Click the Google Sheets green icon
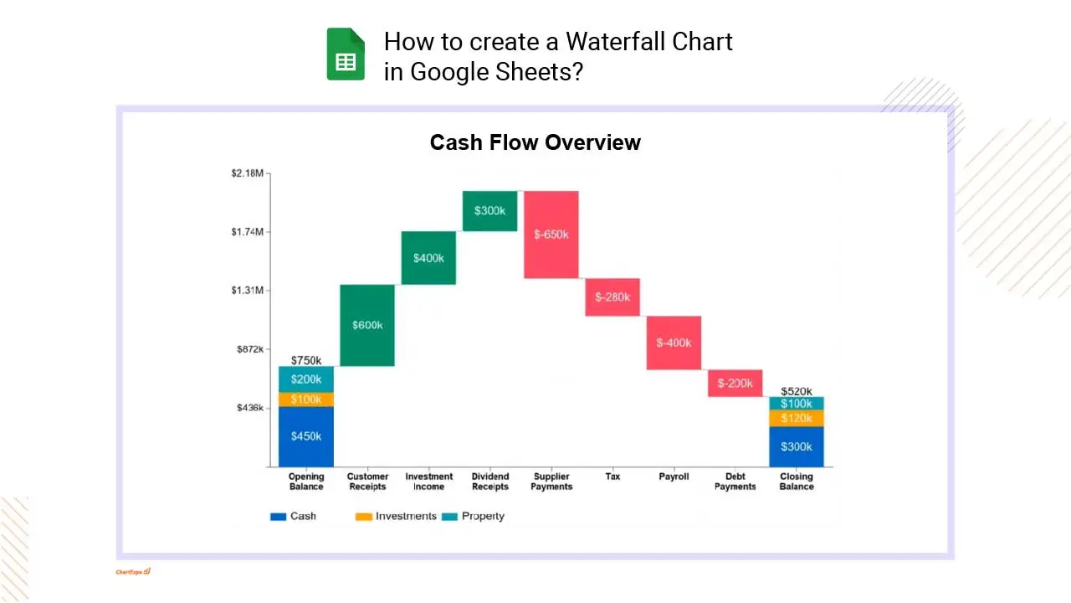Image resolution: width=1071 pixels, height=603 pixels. [346, 54]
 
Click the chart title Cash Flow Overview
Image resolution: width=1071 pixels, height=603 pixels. [535, 142]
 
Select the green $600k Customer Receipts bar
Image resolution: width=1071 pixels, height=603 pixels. [367, 325]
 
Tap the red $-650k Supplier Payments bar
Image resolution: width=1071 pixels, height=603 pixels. [551, 234]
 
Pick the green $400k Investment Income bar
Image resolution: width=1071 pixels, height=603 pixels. [428, 258]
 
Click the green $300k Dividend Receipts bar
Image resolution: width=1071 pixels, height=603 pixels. [489, 211]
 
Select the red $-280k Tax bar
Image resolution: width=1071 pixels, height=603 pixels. [612, 297]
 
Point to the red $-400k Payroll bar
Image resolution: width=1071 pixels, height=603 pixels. [674, 343]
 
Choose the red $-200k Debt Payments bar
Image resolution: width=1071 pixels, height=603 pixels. [735, 383]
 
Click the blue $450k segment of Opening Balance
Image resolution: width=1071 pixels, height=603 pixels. [306, 436]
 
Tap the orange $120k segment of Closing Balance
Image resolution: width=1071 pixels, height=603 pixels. [797, 418]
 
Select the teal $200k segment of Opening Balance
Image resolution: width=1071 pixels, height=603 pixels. [306, 379]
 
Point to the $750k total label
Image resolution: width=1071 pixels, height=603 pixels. [306, 360]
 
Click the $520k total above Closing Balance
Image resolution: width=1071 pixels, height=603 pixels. [797, 391]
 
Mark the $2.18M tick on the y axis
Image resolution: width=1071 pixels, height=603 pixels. [248, 173]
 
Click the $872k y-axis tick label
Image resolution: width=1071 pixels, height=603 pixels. [250, 349]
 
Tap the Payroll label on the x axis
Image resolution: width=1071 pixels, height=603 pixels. [674, 477]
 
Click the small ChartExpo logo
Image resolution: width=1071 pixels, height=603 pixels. [133, 572]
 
